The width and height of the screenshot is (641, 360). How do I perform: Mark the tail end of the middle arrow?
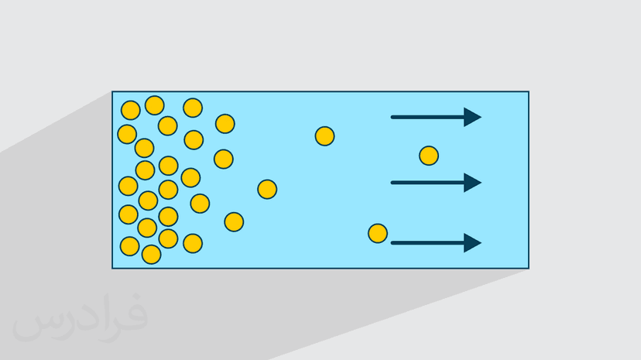point(393,183)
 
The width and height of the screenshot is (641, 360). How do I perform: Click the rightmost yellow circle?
point(429,156)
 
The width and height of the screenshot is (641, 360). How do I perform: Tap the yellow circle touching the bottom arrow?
point(378,233)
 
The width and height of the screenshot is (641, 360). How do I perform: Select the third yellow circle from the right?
point(325,136)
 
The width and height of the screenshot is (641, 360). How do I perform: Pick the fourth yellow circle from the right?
point(267,189)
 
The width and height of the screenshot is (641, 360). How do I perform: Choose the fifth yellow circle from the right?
point(234,222)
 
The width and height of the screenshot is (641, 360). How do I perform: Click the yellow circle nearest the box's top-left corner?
point(131,110)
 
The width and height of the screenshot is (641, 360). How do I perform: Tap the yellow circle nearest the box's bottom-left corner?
point(130,246)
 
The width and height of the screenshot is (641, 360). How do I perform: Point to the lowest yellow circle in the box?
point(152,254)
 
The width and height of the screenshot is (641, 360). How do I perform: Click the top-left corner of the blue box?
point(113,92)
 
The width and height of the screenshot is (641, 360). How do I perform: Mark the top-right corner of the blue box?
point(528,92)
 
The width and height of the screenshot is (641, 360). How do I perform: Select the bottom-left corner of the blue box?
point(113,268)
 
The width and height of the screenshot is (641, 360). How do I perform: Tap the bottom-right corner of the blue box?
point(528,268)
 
